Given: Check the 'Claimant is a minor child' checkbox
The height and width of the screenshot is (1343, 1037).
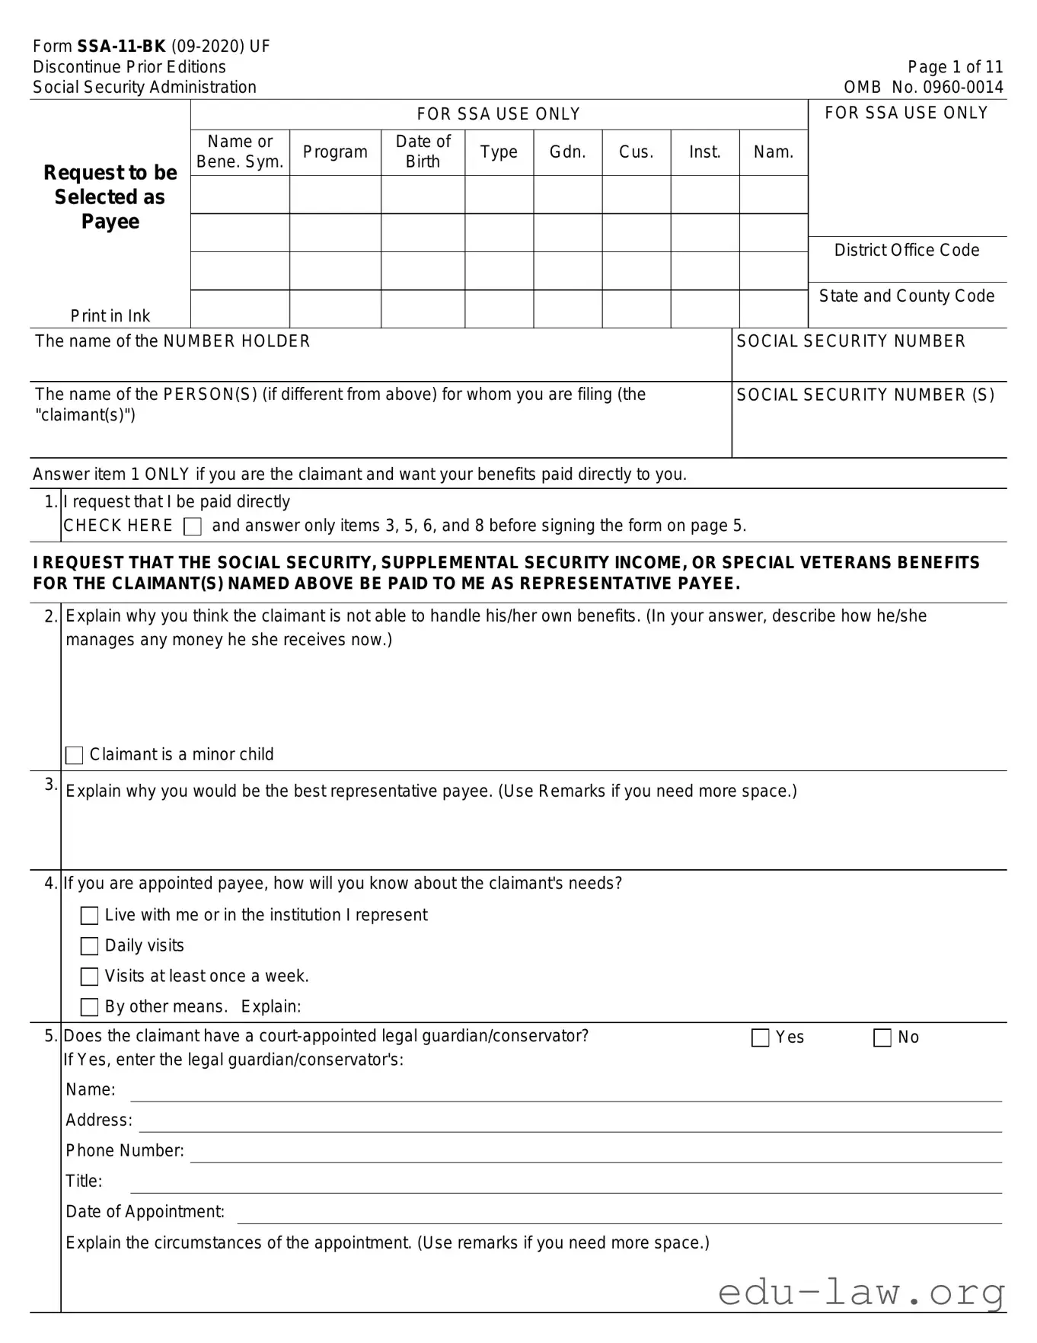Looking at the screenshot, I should [75, 755].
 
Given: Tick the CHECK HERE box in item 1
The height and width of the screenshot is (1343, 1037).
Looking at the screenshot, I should [193, 526].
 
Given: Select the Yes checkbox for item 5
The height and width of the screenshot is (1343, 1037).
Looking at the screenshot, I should [760, 1038].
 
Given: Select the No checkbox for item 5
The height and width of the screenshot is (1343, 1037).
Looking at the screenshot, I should [882, 1038].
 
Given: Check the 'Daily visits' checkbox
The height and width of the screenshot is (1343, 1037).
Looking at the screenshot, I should [90, 946].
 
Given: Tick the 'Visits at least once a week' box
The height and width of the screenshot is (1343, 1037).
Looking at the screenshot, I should [90, 977].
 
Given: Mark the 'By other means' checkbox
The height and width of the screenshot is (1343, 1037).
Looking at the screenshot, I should [90, 1007].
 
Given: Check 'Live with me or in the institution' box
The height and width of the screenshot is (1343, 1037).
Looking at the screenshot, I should [90, 916].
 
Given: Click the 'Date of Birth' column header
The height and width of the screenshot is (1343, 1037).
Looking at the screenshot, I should [423, 152].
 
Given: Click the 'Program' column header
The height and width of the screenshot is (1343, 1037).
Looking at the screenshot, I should [335, 152].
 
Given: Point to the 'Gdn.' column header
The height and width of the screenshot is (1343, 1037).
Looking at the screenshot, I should [567, 152].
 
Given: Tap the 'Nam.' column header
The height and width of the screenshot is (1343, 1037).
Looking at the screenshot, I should [773, 152].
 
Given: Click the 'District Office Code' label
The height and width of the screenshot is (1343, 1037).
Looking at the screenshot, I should [906, 250].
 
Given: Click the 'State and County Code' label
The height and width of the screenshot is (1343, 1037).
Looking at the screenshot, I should [906, 296].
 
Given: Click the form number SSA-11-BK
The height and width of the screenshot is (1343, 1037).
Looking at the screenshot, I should [121, 46].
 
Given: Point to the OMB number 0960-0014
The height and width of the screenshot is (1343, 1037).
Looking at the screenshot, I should [962, 87].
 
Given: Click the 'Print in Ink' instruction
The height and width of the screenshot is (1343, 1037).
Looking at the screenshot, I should [110, 315].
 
